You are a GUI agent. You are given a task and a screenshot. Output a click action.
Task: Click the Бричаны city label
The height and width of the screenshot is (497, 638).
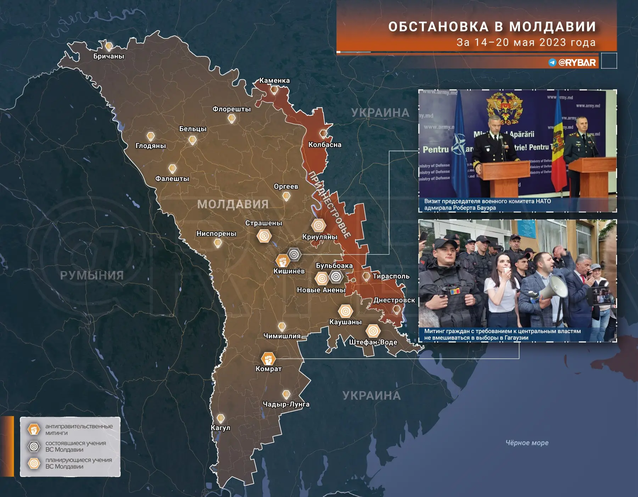[x=108, y=56]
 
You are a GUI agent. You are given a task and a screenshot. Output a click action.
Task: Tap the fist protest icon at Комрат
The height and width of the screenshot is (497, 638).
[x=268, y=358]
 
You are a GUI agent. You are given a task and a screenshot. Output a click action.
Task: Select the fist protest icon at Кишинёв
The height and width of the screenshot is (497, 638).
[x=282, y=261]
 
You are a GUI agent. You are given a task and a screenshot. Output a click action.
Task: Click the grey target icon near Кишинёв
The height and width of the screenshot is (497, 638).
[x=294, y=254]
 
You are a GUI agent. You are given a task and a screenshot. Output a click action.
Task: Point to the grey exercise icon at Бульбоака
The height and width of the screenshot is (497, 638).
[x=336, y=276]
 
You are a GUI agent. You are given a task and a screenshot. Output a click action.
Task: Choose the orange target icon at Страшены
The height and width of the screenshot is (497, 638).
[x=264, y=236]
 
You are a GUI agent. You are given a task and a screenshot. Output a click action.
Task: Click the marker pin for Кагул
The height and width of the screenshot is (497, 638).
[x=220, y=419]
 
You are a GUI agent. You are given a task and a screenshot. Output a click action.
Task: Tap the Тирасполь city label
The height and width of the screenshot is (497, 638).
[x=391, y=276]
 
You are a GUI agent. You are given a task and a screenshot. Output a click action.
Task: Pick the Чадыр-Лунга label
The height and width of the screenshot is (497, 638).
[x=286, y=404]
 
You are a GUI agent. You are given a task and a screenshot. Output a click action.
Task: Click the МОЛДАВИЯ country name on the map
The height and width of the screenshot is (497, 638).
[x=233, y=204]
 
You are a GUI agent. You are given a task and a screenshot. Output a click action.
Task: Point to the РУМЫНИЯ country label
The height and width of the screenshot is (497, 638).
[x=92, y=275]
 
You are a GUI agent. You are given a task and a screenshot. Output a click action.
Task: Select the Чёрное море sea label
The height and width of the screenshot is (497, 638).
[x=527, y=443]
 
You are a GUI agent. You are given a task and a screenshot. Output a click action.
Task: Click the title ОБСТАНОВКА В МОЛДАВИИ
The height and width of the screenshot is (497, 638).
[x=492, y=27]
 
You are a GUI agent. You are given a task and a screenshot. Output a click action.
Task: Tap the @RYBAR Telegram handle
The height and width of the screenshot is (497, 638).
[x=577, y=63]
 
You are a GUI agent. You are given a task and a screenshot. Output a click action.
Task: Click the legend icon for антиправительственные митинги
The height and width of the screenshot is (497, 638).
[x=34, y=430]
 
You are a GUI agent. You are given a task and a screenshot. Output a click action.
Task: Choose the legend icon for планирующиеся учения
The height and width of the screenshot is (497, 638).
[x=34, y=463]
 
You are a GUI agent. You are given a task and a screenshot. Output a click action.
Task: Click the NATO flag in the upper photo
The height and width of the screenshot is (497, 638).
[x=460, y=145]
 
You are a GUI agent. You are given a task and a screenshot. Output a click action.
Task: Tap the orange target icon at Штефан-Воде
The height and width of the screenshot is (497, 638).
[x=373, y=331]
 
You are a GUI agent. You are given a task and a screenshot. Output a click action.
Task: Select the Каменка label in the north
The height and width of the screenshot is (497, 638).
[x=274, y=81]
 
